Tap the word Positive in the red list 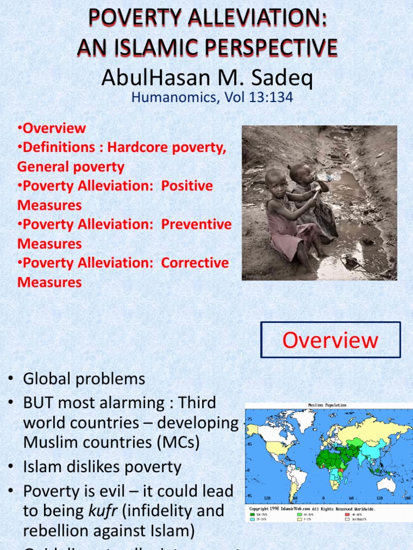(187, 186)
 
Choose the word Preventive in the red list (197, 225)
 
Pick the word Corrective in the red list (195, 263)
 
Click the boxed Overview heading (330, 340)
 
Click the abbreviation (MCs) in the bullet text (174, 443)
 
